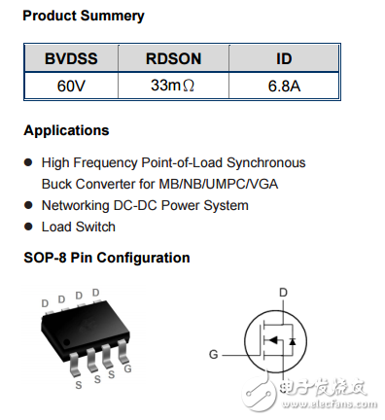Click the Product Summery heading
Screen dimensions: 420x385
click(83, 16)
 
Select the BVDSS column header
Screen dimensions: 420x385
click(71, 58)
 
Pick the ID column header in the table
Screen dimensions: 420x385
click(283, 58)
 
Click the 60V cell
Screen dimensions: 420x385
click(71, 86)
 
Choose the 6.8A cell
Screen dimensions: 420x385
click(283, 86)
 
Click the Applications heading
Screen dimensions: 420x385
click(66, 130)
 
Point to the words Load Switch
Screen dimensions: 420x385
click(78, 227)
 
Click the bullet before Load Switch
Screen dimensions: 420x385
click(28, 227)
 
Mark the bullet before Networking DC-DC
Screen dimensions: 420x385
click(28, 205)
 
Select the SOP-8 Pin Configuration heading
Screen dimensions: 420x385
click(107, 258)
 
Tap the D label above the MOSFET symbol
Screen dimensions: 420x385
click(283, 292)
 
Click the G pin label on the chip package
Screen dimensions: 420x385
click(128, 369)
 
